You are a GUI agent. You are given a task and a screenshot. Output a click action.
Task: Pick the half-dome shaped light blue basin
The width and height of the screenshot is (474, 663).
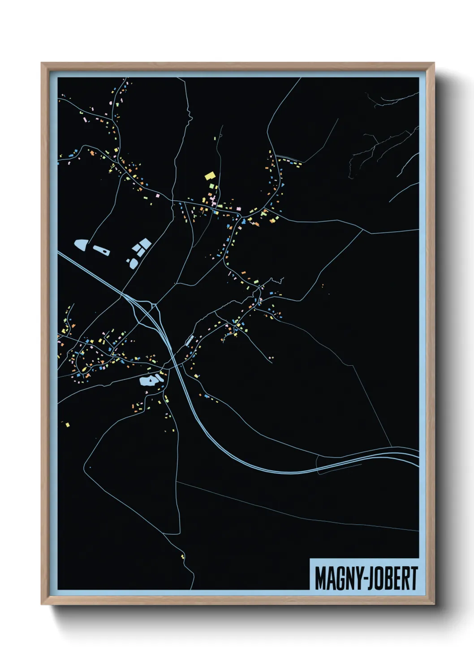(x=81, y=245)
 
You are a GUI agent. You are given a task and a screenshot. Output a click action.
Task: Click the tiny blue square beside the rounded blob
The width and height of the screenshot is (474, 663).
(x=128, y=260)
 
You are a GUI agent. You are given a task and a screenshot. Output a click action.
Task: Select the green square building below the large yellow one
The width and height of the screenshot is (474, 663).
(x=212, y=186)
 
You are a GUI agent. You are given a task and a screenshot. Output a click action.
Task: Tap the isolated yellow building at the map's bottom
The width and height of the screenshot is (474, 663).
(x=182, y=556)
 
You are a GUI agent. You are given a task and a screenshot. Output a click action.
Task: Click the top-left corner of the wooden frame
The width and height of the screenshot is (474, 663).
(x=42, y=63)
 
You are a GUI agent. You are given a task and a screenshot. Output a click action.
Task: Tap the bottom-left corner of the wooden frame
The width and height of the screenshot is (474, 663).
(x=42, y=604)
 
